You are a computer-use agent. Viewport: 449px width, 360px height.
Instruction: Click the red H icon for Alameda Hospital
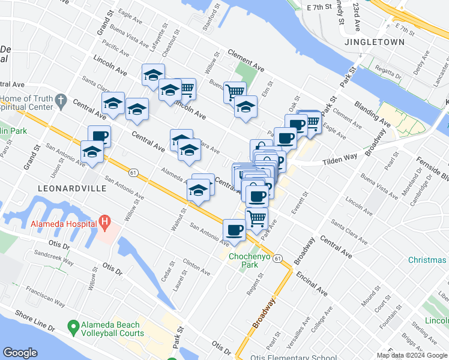105,223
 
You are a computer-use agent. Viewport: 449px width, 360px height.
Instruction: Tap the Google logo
20,353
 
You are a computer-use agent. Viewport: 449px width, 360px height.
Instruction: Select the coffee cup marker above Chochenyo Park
234,229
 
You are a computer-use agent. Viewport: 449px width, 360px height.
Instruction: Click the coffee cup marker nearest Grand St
99,136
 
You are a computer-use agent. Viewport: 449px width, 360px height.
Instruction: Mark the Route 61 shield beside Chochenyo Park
277,258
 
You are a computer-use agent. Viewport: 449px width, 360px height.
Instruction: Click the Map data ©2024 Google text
412,355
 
